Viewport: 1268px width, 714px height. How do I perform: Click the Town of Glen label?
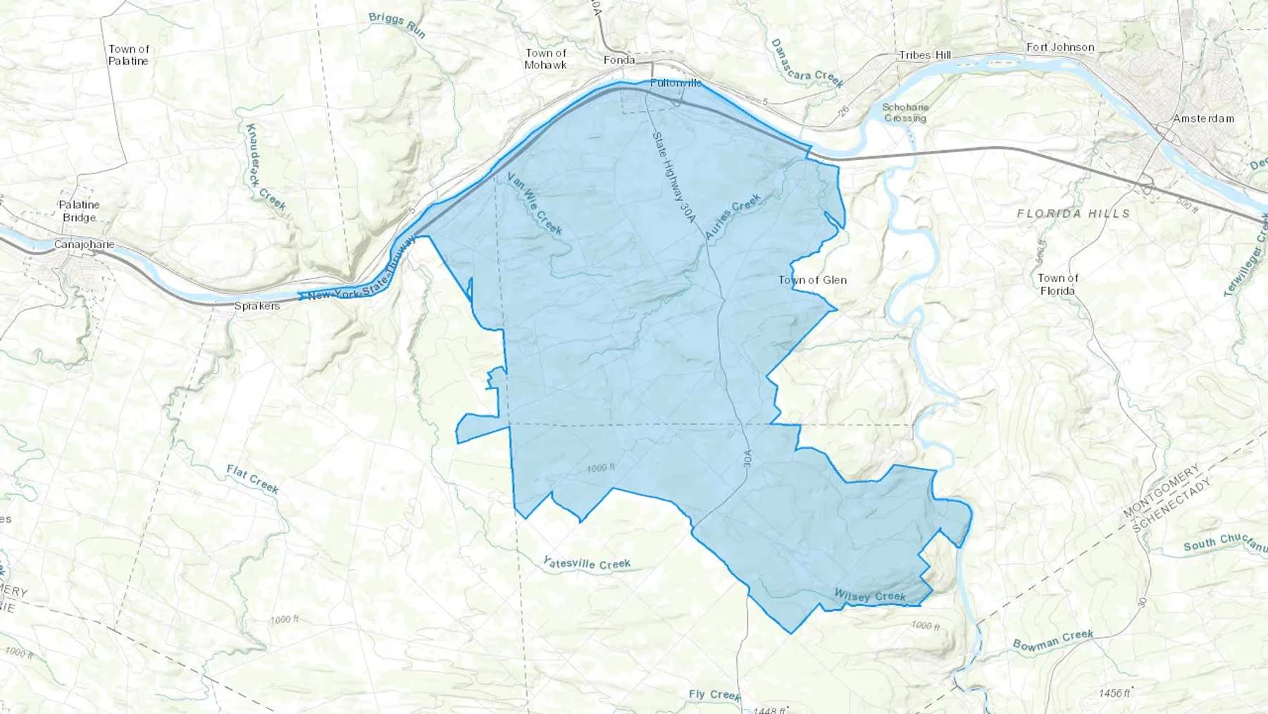[812, 280]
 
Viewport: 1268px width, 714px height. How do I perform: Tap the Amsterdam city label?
[1203, 118]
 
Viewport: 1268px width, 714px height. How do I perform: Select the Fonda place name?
[619, 60]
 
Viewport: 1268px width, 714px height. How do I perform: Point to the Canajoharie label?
[84, 245]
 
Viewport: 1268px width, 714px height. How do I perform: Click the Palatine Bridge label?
[79, 211]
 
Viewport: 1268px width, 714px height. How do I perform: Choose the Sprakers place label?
[256, 306]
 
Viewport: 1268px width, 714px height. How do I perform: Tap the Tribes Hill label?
[924, 55]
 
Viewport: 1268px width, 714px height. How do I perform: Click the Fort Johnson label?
[1060, 47]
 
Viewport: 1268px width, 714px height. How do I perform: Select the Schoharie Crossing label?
[905, 113]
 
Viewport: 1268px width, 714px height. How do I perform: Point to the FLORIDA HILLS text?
[1073, 213]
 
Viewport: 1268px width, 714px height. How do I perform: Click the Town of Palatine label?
[128, 55]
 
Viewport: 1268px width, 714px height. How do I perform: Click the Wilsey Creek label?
[869, 596]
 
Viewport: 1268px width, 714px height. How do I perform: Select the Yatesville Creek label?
[586, 563]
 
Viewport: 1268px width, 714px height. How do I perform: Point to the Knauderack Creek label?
[265, 167]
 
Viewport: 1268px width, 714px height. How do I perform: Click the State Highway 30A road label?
[673, 176]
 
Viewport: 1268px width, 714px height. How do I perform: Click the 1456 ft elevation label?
[1114, 693]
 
